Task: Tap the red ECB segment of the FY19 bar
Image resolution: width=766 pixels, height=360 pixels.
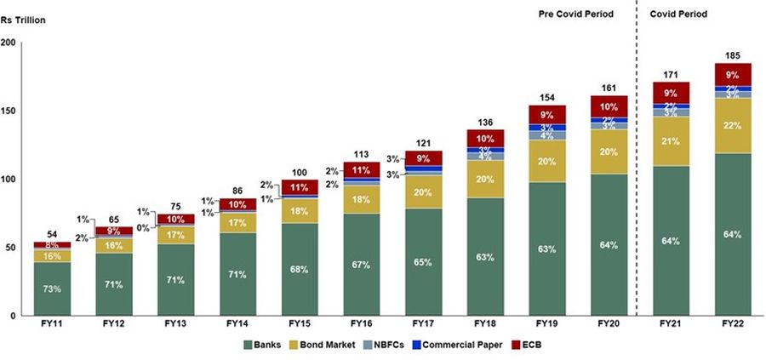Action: (547, 115)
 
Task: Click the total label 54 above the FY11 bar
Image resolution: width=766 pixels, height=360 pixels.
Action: (52, 234)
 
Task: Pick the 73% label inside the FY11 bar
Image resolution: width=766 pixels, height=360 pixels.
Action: (52, 289)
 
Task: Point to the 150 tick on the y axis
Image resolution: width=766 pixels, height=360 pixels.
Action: (9, 111)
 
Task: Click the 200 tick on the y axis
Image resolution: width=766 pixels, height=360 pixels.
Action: (9, 43)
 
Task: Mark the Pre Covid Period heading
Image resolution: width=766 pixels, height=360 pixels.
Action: (575, 14)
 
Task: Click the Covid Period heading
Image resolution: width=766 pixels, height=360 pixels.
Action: (678, 14)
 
